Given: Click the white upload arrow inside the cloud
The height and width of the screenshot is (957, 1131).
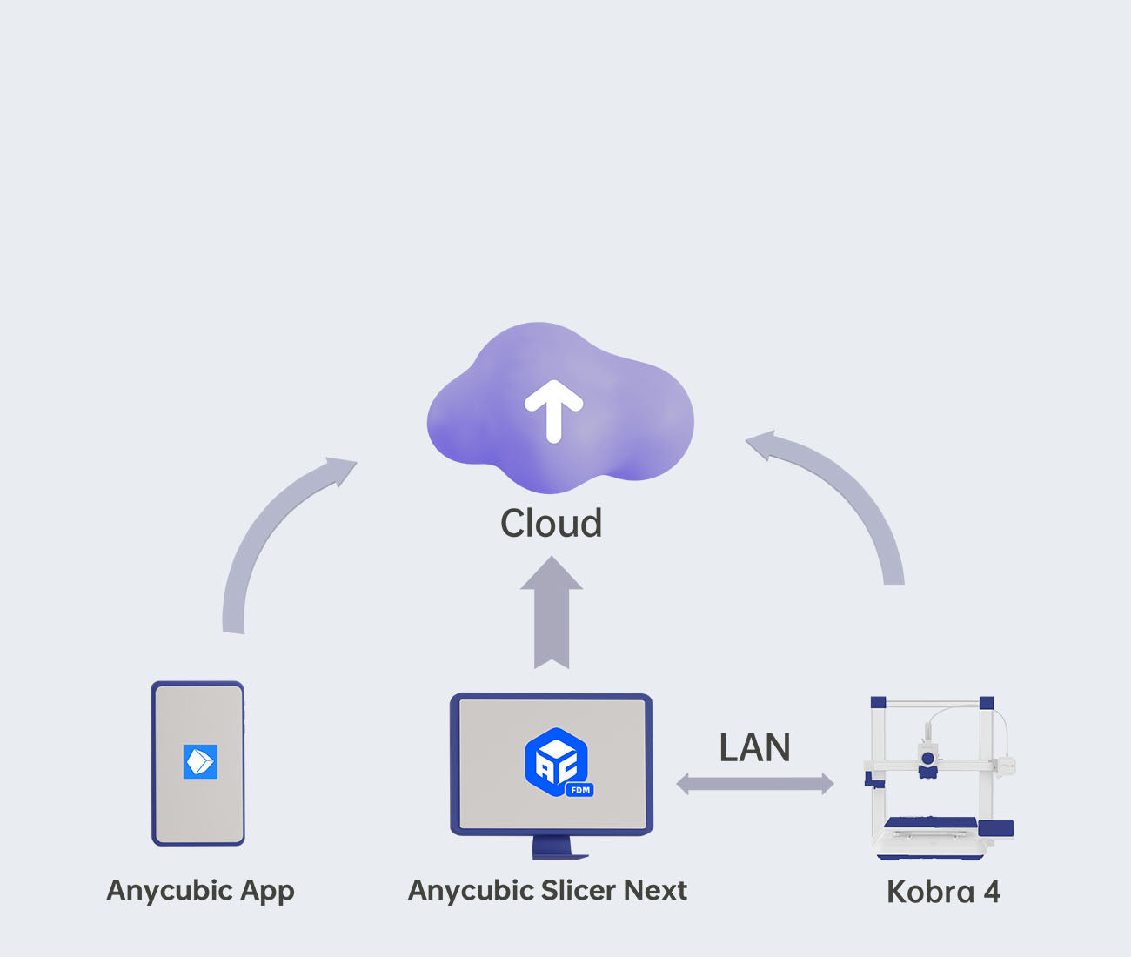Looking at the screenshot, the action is point(553,411).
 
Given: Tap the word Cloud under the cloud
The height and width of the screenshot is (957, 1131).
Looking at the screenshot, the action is point(551,523).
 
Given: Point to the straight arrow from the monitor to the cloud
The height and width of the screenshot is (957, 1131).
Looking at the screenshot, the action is point(552,612).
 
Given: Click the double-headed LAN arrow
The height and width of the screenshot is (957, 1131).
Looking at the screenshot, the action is point(755,784).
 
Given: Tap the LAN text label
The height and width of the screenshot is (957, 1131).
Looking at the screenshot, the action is point(754,747).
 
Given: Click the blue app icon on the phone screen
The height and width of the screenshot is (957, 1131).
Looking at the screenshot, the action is point(200,761).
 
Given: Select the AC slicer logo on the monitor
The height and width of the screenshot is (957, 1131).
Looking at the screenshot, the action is point(557,761).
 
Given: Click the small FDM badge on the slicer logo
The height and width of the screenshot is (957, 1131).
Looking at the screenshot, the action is point(579,790).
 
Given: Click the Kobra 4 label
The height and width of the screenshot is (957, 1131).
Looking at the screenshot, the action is point(943,892).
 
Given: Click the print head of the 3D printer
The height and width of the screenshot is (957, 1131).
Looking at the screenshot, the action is point(928,758).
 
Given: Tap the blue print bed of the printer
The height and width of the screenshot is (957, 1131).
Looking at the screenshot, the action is point(930,822).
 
